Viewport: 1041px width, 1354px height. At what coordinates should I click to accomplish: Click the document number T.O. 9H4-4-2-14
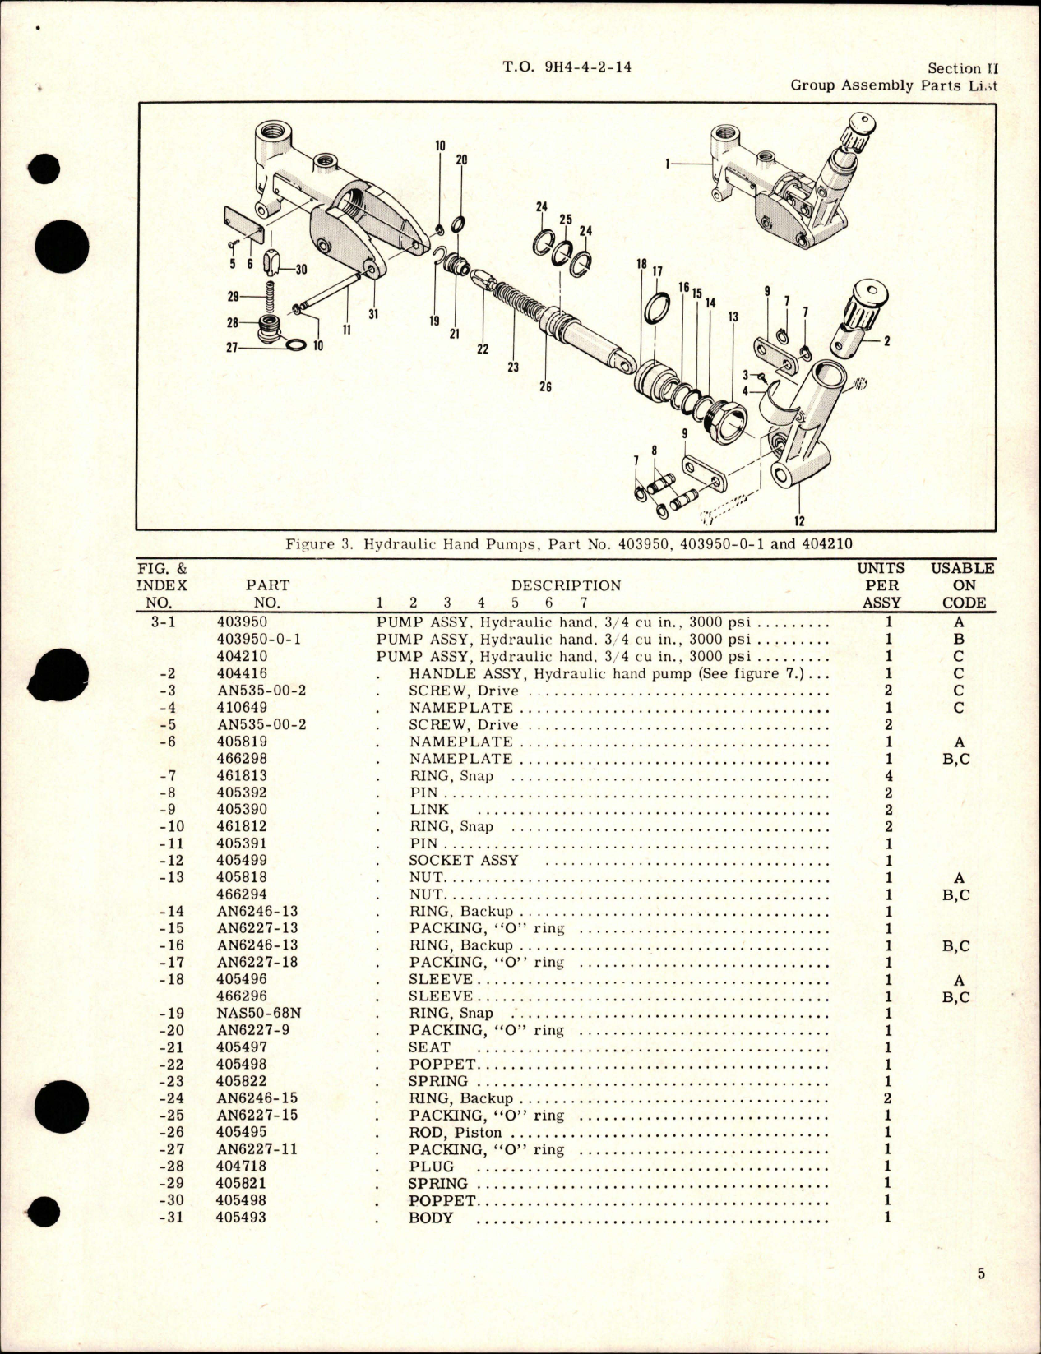[x=567, y=68]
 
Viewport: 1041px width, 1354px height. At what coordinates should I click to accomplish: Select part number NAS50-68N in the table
[x=256, y=1014]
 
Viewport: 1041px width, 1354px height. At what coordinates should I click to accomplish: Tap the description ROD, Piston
[x=455, y=1133]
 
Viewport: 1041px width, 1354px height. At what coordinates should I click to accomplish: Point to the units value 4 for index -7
[x=888, y=776]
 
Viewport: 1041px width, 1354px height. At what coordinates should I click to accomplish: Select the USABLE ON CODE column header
[x=963, y=585]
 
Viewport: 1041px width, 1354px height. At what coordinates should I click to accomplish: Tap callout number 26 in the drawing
[x=545, y=387]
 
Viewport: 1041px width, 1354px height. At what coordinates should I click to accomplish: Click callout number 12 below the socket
[x=799, y=520]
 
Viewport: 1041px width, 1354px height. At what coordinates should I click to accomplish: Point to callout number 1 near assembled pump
[x=668, y=164]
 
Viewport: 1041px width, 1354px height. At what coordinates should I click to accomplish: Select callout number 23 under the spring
[x=513, y=367]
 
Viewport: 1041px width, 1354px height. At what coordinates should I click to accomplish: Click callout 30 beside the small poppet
[x=301, y=270]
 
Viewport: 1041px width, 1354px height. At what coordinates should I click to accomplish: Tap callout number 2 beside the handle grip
[x=886, y=340]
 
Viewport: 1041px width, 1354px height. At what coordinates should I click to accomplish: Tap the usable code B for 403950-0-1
[x=958, y=640]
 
